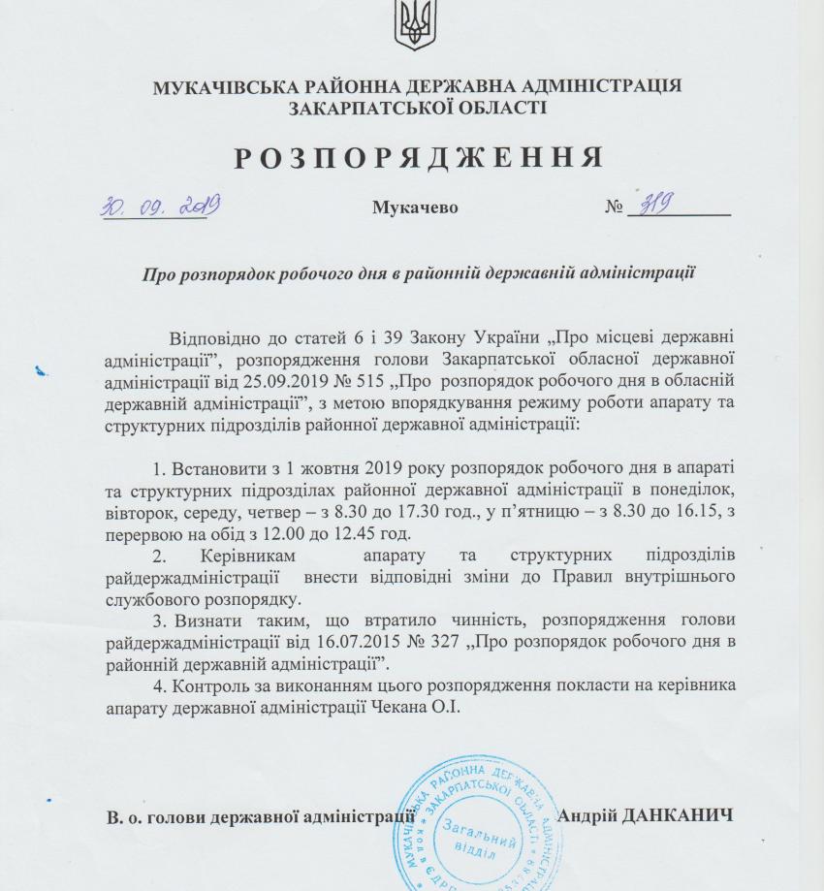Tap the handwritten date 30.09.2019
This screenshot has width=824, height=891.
coord(160,205)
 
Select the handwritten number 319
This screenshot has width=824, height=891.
coord(652,204)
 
